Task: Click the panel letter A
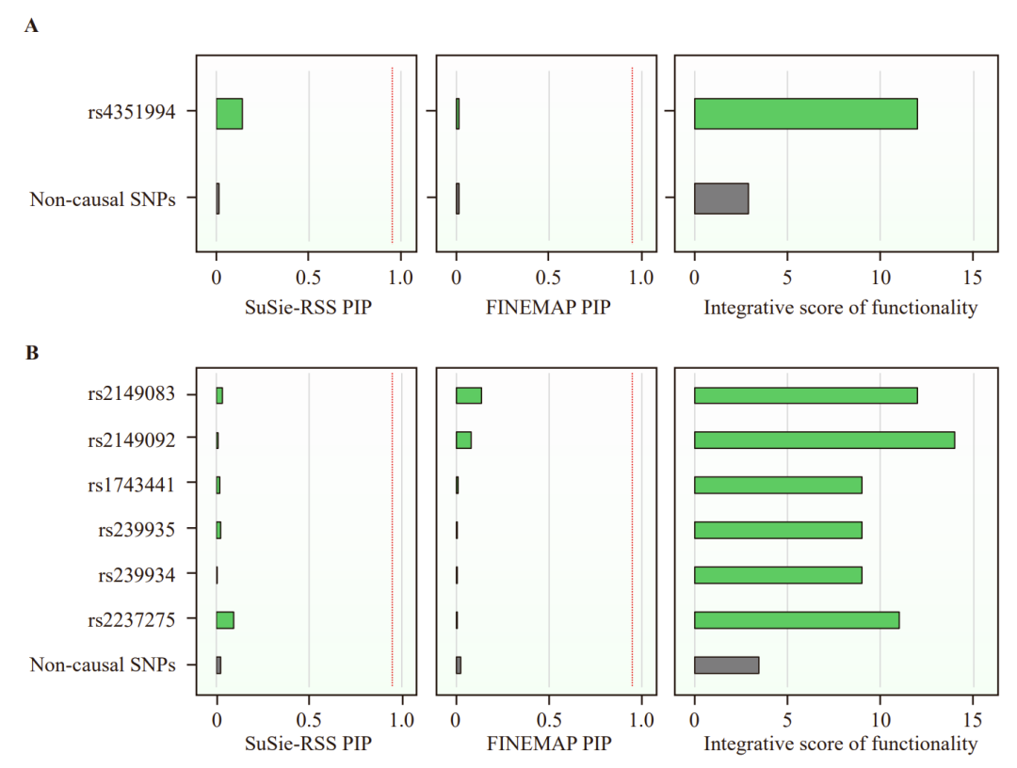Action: (x=31, y=26)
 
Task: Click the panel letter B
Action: (x=31, y=354)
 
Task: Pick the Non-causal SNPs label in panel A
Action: (x=103, y=200)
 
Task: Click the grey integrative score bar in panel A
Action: (x=720, y=200)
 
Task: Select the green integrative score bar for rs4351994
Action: (x=805, y=113)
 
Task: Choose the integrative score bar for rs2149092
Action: (x=824, y=440)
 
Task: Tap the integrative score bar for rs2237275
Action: (x=797, y=620)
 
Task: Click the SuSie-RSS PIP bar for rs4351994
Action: (x=229, y=113)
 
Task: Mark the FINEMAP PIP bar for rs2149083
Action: (x=468, y=395)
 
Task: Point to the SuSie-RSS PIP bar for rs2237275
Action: (x=224, y=620)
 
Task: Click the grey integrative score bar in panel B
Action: (x=726, y=665)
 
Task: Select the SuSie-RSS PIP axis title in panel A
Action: (x=308, y=308)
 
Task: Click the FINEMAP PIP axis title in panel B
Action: (x=549, y=744)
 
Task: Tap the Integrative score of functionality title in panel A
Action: (x=840, y=308)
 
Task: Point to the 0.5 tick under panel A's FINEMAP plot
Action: (x=549, y=280)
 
